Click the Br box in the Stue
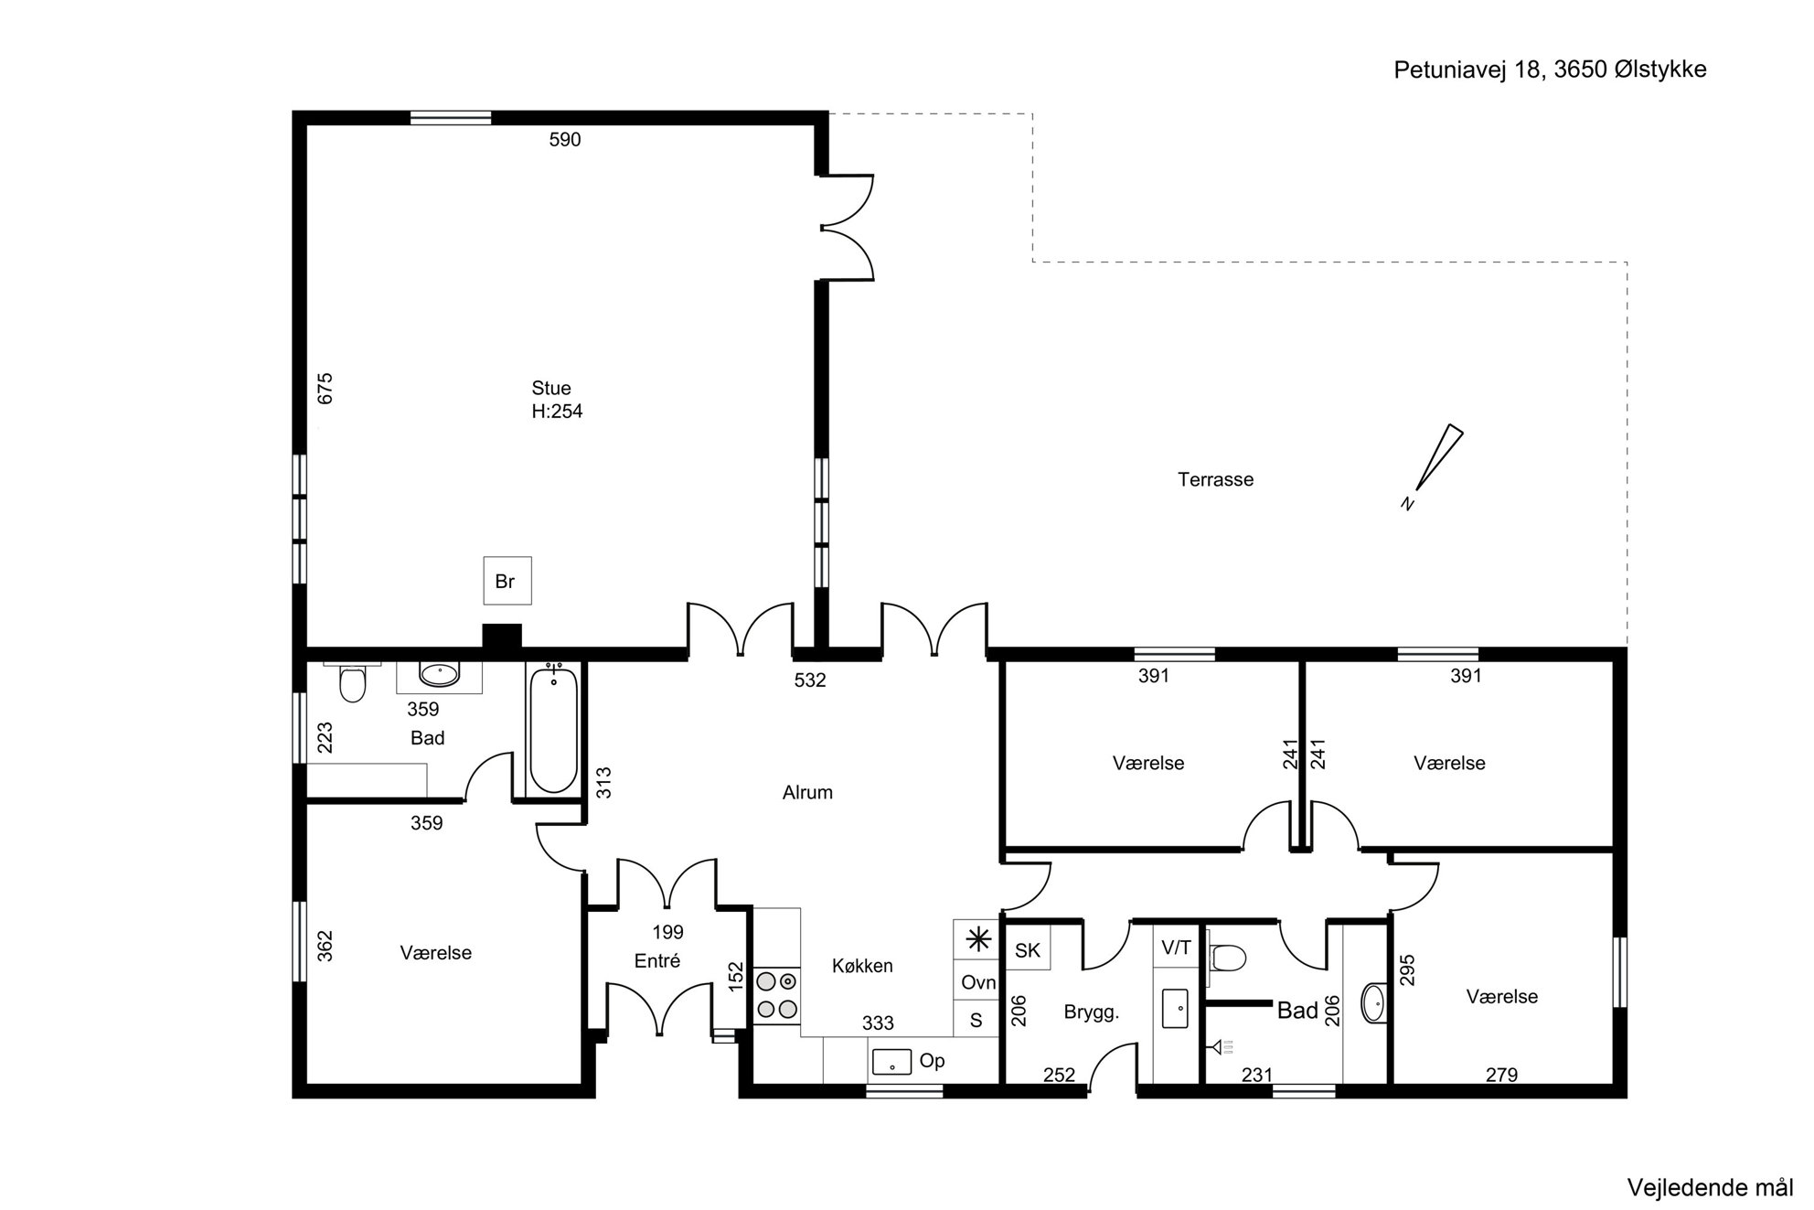(507, 581)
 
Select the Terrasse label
(1215, 479)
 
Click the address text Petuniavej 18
(1468, 70)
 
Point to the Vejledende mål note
(1710, 1188)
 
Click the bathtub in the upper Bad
(553, 731)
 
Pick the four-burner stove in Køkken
(777, 995)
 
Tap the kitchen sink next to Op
(891, 1062)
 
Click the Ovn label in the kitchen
(978, 983)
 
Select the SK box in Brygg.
(1028, 949)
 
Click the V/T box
(1176, 947)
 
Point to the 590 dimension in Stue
(565, 140)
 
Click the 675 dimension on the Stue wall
(325, 388)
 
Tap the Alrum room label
(807, 793)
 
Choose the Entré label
(657, 961)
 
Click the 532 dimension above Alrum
(810, 680)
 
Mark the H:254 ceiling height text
(557, 412)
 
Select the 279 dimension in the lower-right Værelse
(1501, 1076)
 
